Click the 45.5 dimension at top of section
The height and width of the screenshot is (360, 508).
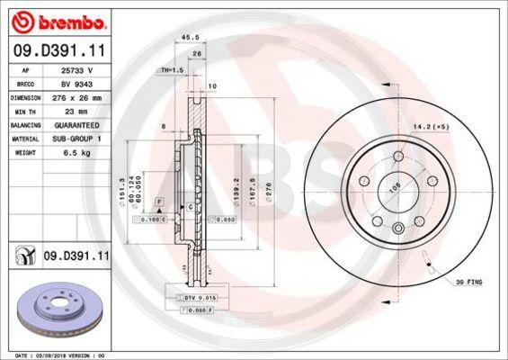point(190,38)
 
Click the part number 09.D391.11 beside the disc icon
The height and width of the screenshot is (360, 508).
point(76,256)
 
